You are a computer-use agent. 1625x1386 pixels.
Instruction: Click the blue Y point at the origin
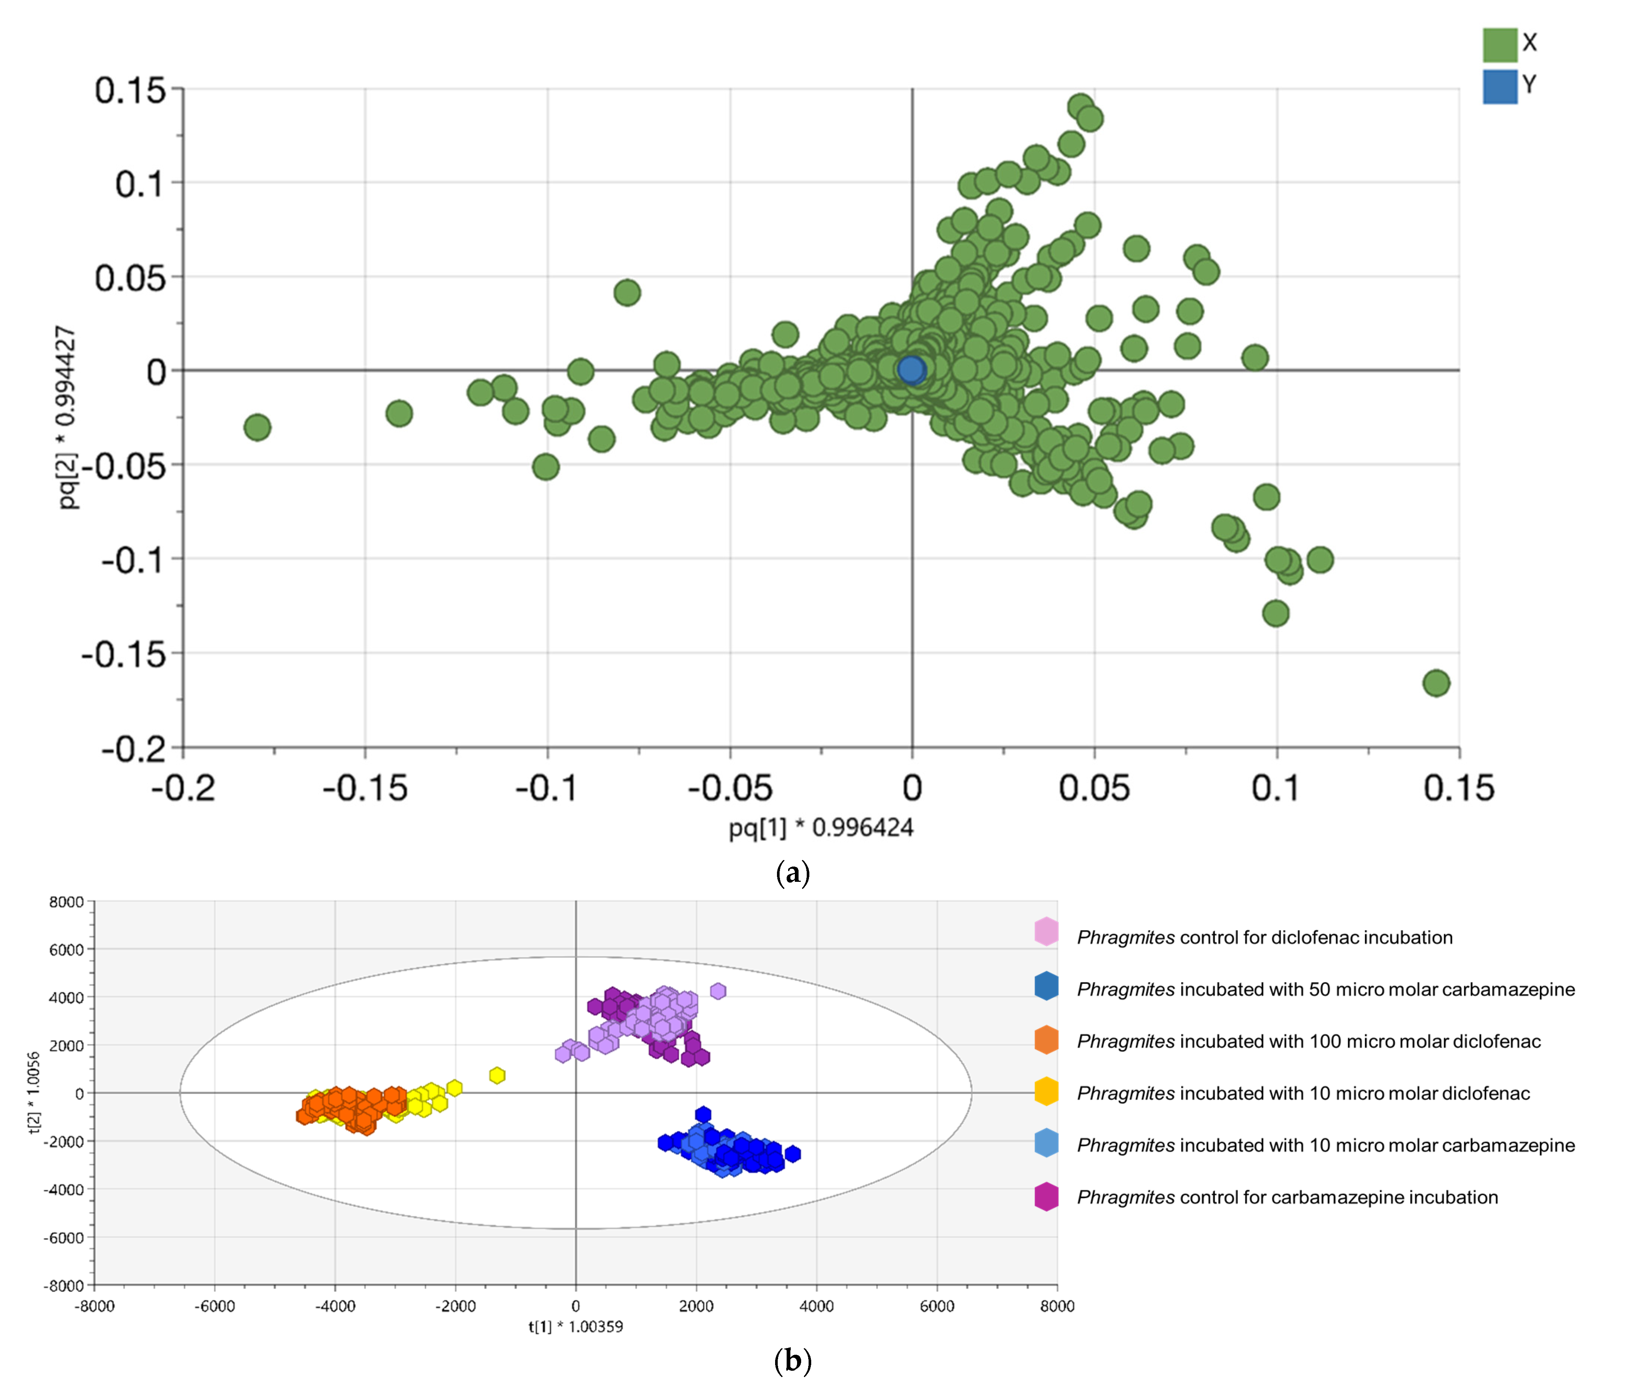click(911, 369)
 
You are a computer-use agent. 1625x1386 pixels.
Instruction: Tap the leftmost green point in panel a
click(257, 428)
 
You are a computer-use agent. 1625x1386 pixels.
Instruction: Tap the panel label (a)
click(792, 872)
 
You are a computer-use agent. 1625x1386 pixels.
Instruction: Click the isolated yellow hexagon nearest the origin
click(497, 1075)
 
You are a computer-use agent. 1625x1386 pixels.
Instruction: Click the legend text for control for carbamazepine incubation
click(1286, 1197)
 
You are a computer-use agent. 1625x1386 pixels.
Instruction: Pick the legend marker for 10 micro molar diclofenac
click(1046, 1092)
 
